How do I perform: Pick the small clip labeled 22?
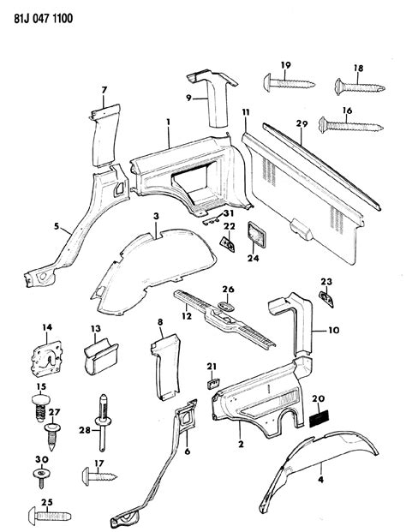tap(229, 244)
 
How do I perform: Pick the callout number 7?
tap(104, 90)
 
